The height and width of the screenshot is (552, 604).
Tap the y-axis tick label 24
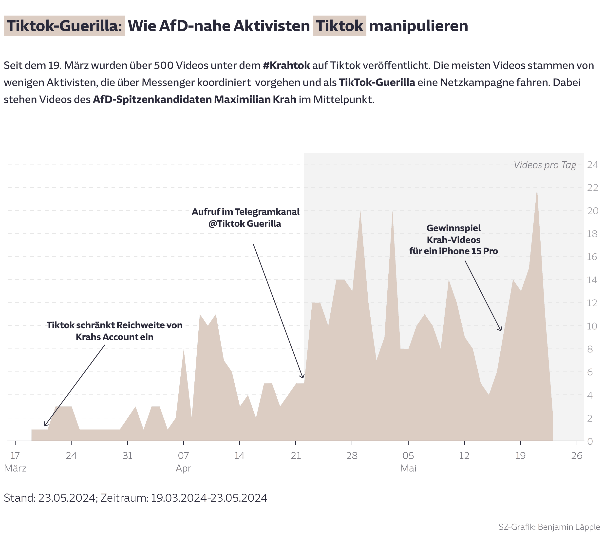point(592,164)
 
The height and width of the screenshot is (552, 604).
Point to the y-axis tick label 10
point(592,326)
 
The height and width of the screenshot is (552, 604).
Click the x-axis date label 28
point(352,456)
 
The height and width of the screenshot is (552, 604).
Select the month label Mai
point(408,468)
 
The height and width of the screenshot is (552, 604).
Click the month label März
point(15,468)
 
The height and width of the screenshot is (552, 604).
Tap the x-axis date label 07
point(183,456)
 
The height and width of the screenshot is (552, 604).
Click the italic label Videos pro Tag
point(545,165)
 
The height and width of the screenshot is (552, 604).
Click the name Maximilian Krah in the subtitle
point(255,100)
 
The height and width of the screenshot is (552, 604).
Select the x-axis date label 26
point(576,456)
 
